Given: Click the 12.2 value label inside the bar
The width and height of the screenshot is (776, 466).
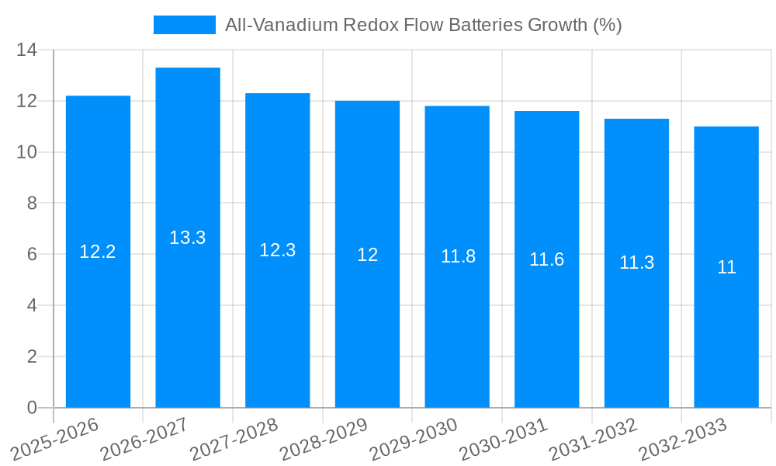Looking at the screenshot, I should [x=98, y=252].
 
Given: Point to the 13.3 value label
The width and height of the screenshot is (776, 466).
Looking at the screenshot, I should [x=188, y=238].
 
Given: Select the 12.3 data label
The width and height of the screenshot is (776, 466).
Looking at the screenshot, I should [x=277, y=250].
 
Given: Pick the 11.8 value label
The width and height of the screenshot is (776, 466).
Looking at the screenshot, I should [x=458, y=256].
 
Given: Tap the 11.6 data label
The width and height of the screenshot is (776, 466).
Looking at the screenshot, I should [x=547, y=259].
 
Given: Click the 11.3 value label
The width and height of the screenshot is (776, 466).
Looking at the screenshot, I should [x=636, y=263].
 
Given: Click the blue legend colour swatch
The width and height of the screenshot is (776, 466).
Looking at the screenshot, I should [x=185, y=25].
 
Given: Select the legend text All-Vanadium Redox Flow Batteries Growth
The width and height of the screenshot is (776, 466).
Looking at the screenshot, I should [x=423, y=25].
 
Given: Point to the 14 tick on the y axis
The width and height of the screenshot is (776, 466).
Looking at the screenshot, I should [x=27, y=50].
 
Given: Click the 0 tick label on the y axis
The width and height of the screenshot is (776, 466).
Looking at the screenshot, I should [x=32, y=408].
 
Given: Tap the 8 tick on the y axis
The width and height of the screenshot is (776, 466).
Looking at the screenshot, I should [x=32, y=203].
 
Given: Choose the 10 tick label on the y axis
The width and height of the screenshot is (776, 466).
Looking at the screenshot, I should [x=27, y=152].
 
